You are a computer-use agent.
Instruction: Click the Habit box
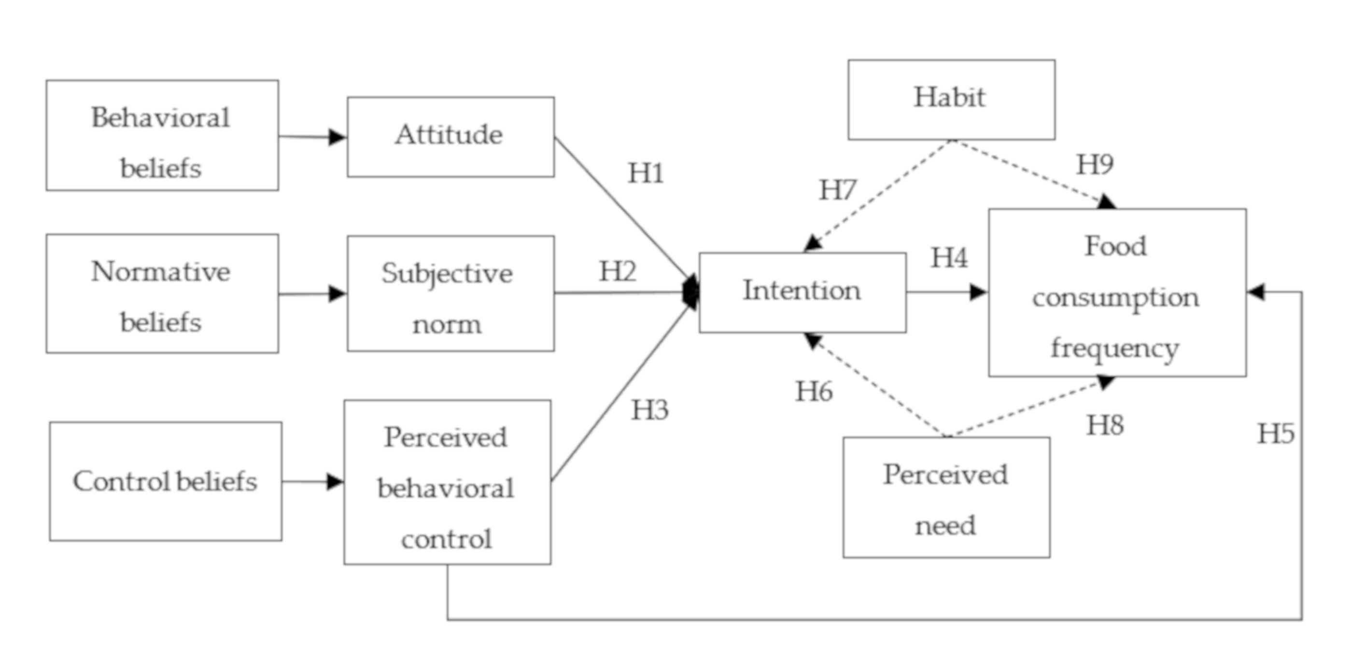tap(951, 99)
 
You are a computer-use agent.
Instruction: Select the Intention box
tap(802, 292)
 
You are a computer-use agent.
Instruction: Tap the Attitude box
tap(451, 137)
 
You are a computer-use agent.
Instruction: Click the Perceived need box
tap(946, 497)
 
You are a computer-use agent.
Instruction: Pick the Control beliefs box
tap(165, 481)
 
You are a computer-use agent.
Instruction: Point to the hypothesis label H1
tap(646, 173)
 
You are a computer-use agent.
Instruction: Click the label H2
tap(618, 271)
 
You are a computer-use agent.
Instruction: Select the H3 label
tap(649, 410)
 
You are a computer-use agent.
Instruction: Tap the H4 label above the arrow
tap(949, 258)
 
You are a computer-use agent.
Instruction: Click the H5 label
tap(1275, 434)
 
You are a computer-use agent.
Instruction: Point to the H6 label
tap(814, 392)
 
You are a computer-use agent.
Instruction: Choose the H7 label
tap(838, 190)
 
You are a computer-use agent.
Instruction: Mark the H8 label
tap(1105, 425)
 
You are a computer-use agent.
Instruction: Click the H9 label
tap(1095, 165)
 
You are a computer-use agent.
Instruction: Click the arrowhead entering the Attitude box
tap(337, 138)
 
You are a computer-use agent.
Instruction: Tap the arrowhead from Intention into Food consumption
tap(978, 292)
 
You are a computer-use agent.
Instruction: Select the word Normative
tap(161, 272)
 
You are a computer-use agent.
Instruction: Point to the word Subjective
tap(447, 274)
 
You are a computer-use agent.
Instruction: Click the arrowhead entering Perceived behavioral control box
tap(334, 481)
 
